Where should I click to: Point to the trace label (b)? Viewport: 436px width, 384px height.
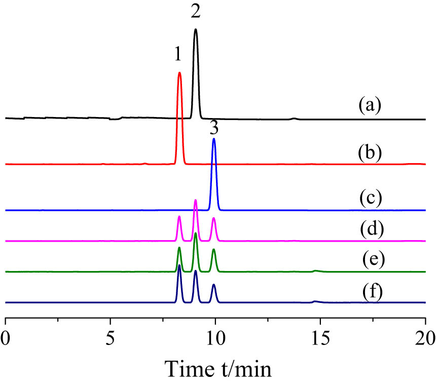click(x=369, y=151)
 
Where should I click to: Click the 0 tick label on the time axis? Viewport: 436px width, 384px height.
click(x=5, y=336)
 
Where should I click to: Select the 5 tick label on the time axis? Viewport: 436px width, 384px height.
click(x=110, y=336)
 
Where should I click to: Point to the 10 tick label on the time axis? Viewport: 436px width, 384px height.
click(x=215, y=336)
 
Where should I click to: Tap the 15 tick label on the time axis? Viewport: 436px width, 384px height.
click(x=320, y=336)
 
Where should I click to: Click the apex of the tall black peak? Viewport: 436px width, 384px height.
click(x=196, y=29)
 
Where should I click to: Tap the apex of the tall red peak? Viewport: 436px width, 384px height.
click(x=179, y=72)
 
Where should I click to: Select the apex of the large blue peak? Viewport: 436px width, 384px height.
click(x=214, y=138)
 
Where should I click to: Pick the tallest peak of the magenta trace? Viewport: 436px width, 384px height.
click(x=196, y=200)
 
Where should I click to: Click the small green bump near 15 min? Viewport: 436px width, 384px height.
click(x=315, y=271)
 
